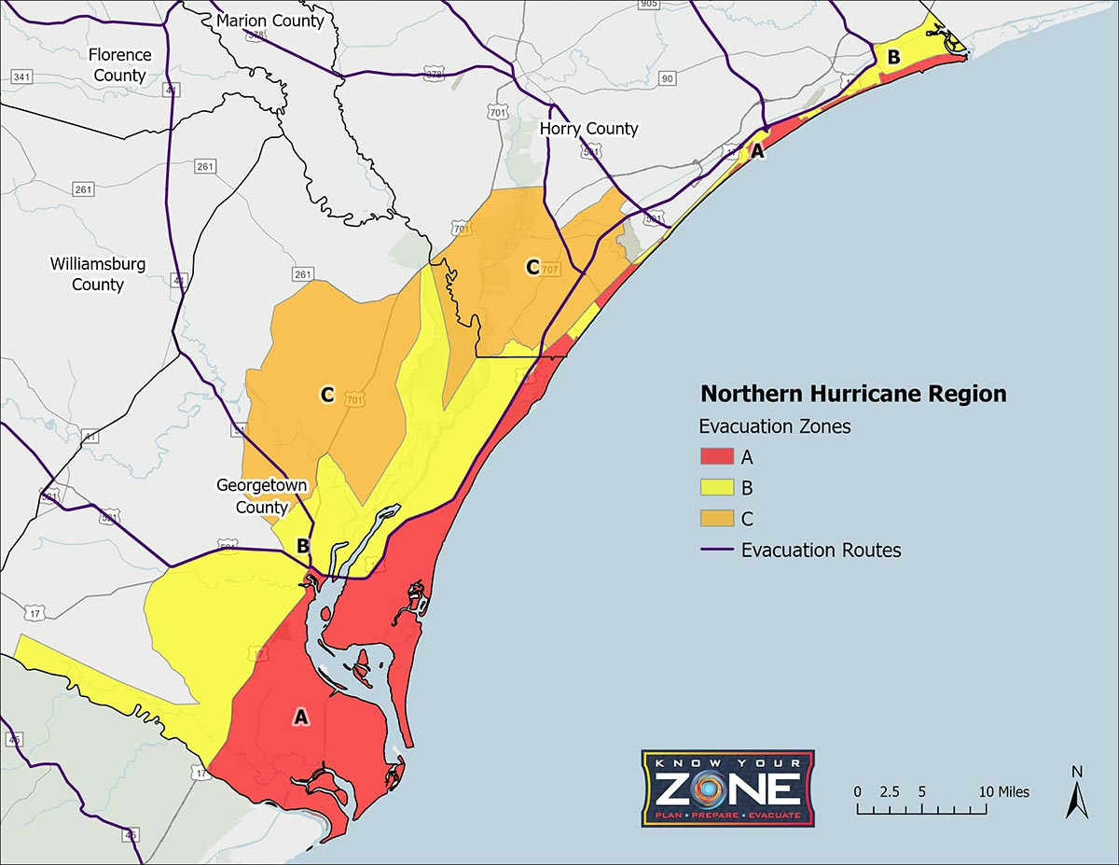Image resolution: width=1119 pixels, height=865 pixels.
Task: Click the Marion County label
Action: coord(269,21)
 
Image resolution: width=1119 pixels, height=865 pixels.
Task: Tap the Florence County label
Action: coord(119,65)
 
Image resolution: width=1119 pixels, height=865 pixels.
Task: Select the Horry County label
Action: coord(589,129)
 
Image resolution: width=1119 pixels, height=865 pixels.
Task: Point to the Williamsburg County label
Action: coord(98,274)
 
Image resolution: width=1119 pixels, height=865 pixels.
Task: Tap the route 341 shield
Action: coord(21,77)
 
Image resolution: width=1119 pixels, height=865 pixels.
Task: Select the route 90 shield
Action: coord(667,79)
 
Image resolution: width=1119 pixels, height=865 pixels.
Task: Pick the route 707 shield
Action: coord(550,270)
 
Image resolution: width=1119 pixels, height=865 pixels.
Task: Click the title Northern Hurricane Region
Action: coord(853,394)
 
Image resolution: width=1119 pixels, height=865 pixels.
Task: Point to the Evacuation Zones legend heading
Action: coord(775,426)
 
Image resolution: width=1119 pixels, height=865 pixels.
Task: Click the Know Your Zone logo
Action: coord(727,788)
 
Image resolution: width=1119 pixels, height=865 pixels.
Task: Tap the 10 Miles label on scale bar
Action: coord(1003,791)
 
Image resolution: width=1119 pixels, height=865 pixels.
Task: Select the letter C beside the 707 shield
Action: coord(532,268)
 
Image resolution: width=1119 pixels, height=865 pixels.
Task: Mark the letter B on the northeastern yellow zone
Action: coord(893,57)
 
